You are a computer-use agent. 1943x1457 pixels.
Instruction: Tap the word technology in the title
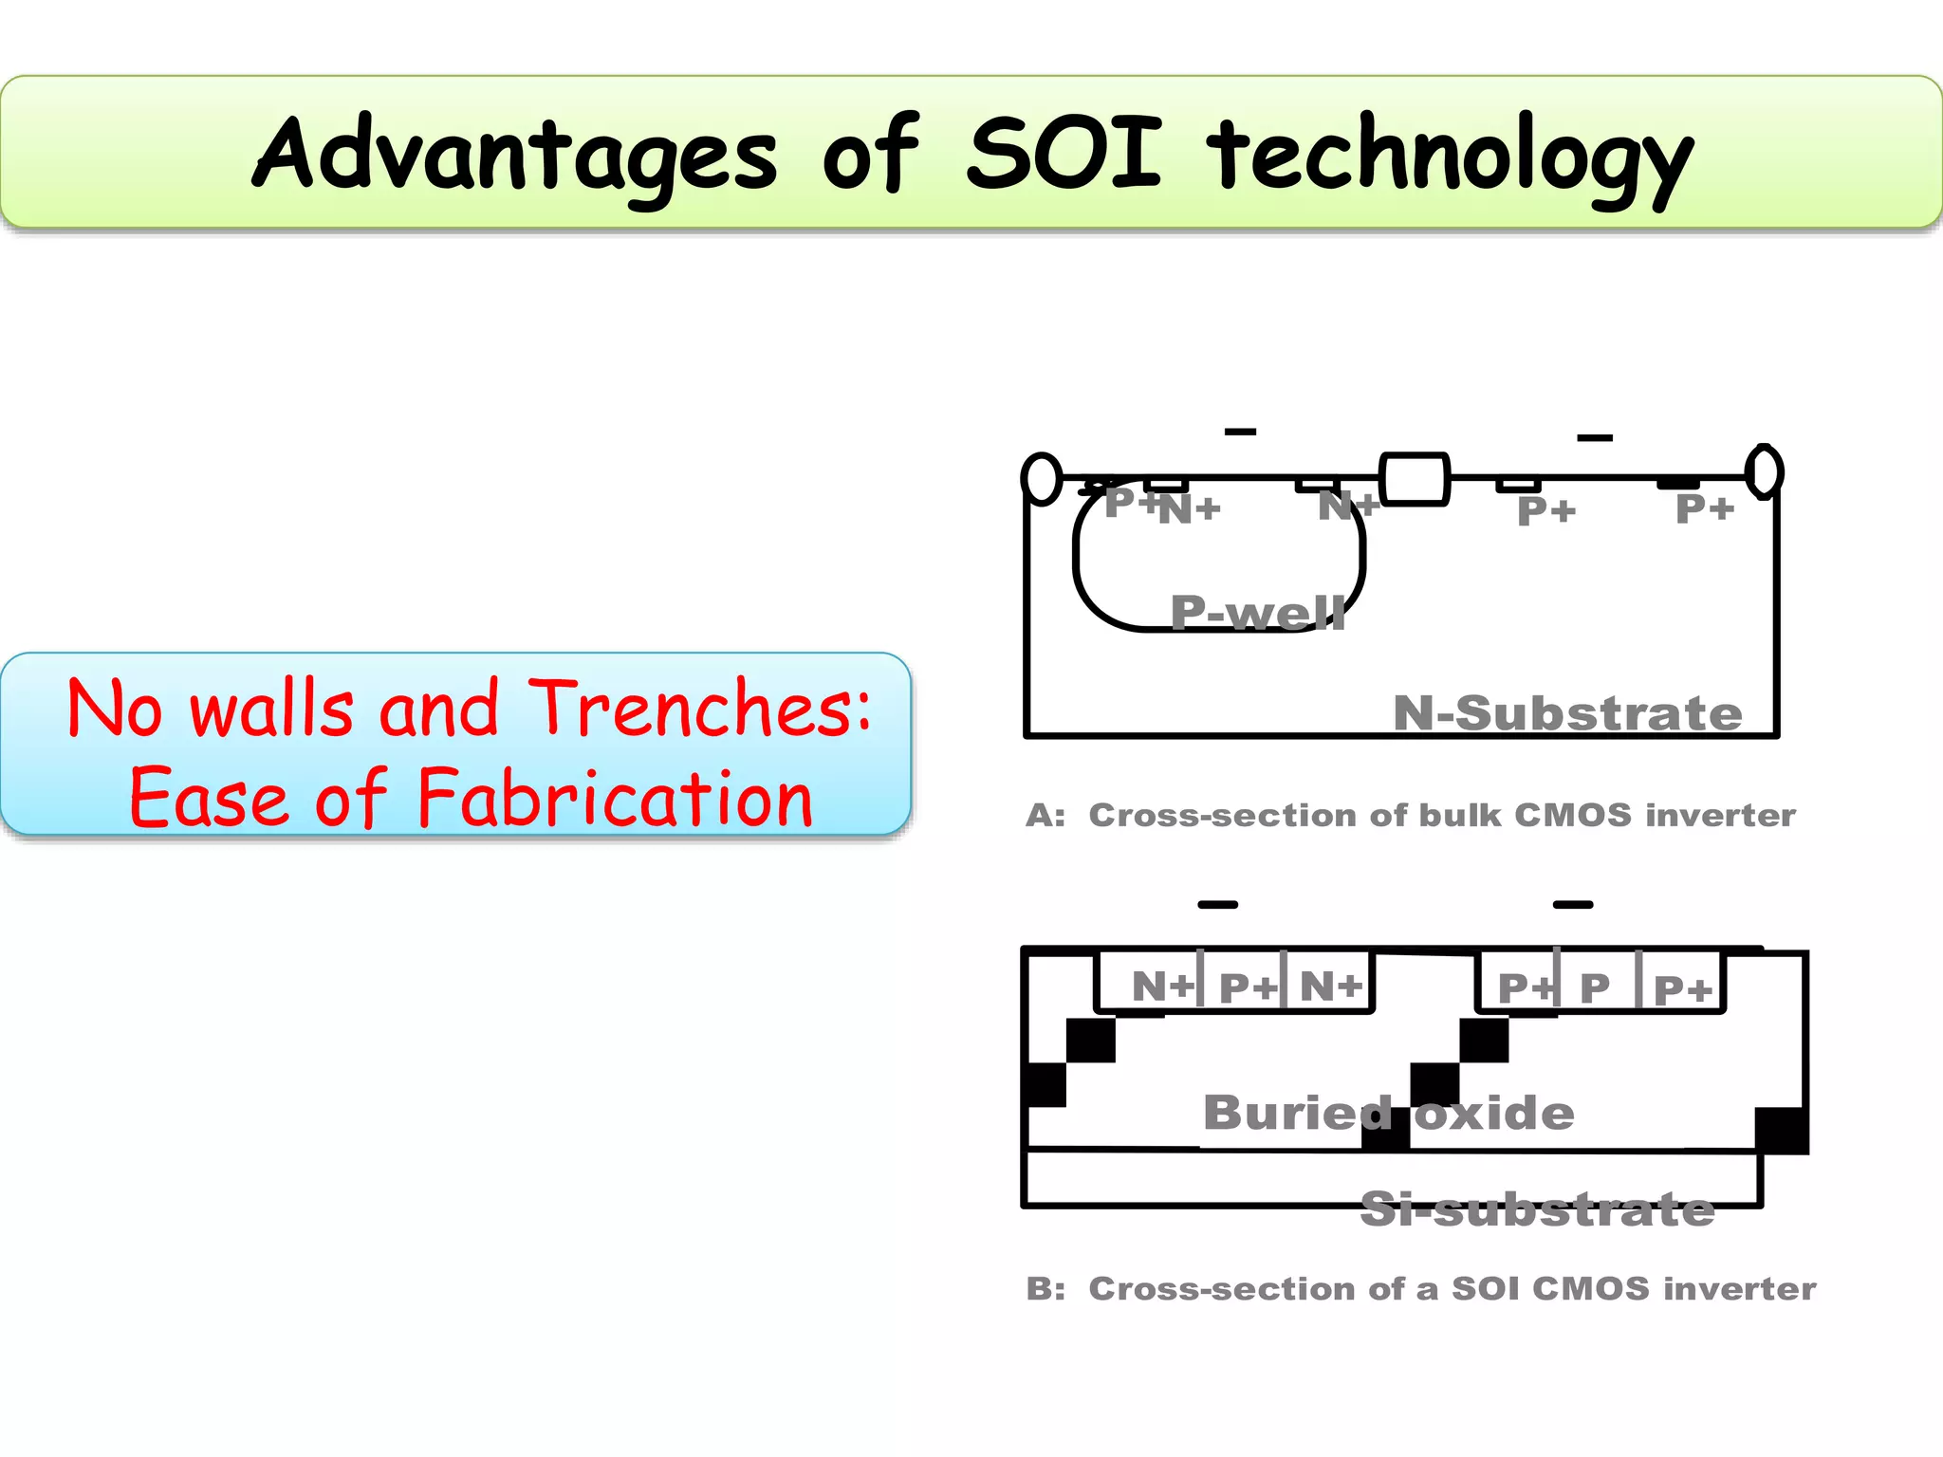pos(1449,157)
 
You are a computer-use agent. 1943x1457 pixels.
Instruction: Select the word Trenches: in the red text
pos(700,709)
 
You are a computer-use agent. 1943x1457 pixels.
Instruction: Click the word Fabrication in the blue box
pos(615,799)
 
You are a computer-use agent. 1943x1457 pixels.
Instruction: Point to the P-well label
pos(1258,613)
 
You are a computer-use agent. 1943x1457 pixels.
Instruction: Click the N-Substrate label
pos(1567,713)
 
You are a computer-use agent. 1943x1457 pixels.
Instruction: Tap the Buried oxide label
pos(1388,1112)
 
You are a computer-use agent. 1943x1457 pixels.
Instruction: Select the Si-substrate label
pos(1537,1209)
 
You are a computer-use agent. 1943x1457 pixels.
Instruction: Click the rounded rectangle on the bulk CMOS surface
pos(1414,479)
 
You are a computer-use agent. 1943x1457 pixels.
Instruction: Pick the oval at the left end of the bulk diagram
pos(1042,479)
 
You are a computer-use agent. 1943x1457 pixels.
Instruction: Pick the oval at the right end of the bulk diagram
pos(1765,471)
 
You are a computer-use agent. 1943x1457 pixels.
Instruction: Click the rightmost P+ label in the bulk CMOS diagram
pos(1705,509)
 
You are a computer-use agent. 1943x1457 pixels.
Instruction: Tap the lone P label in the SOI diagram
pos(1595,988)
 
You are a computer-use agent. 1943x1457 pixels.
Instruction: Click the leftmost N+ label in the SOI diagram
pos(1162,987)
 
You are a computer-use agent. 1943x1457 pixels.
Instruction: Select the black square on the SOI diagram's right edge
pos(1782,1131)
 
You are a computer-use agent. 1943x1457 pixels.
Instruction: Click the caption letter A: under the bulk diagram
pos(1046,816)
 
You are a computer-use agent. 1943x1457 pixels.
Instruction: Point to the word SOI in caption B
pos(1486,1289)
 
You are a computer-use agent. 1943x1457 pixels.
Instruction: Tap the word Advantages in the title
pos(515,154)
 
